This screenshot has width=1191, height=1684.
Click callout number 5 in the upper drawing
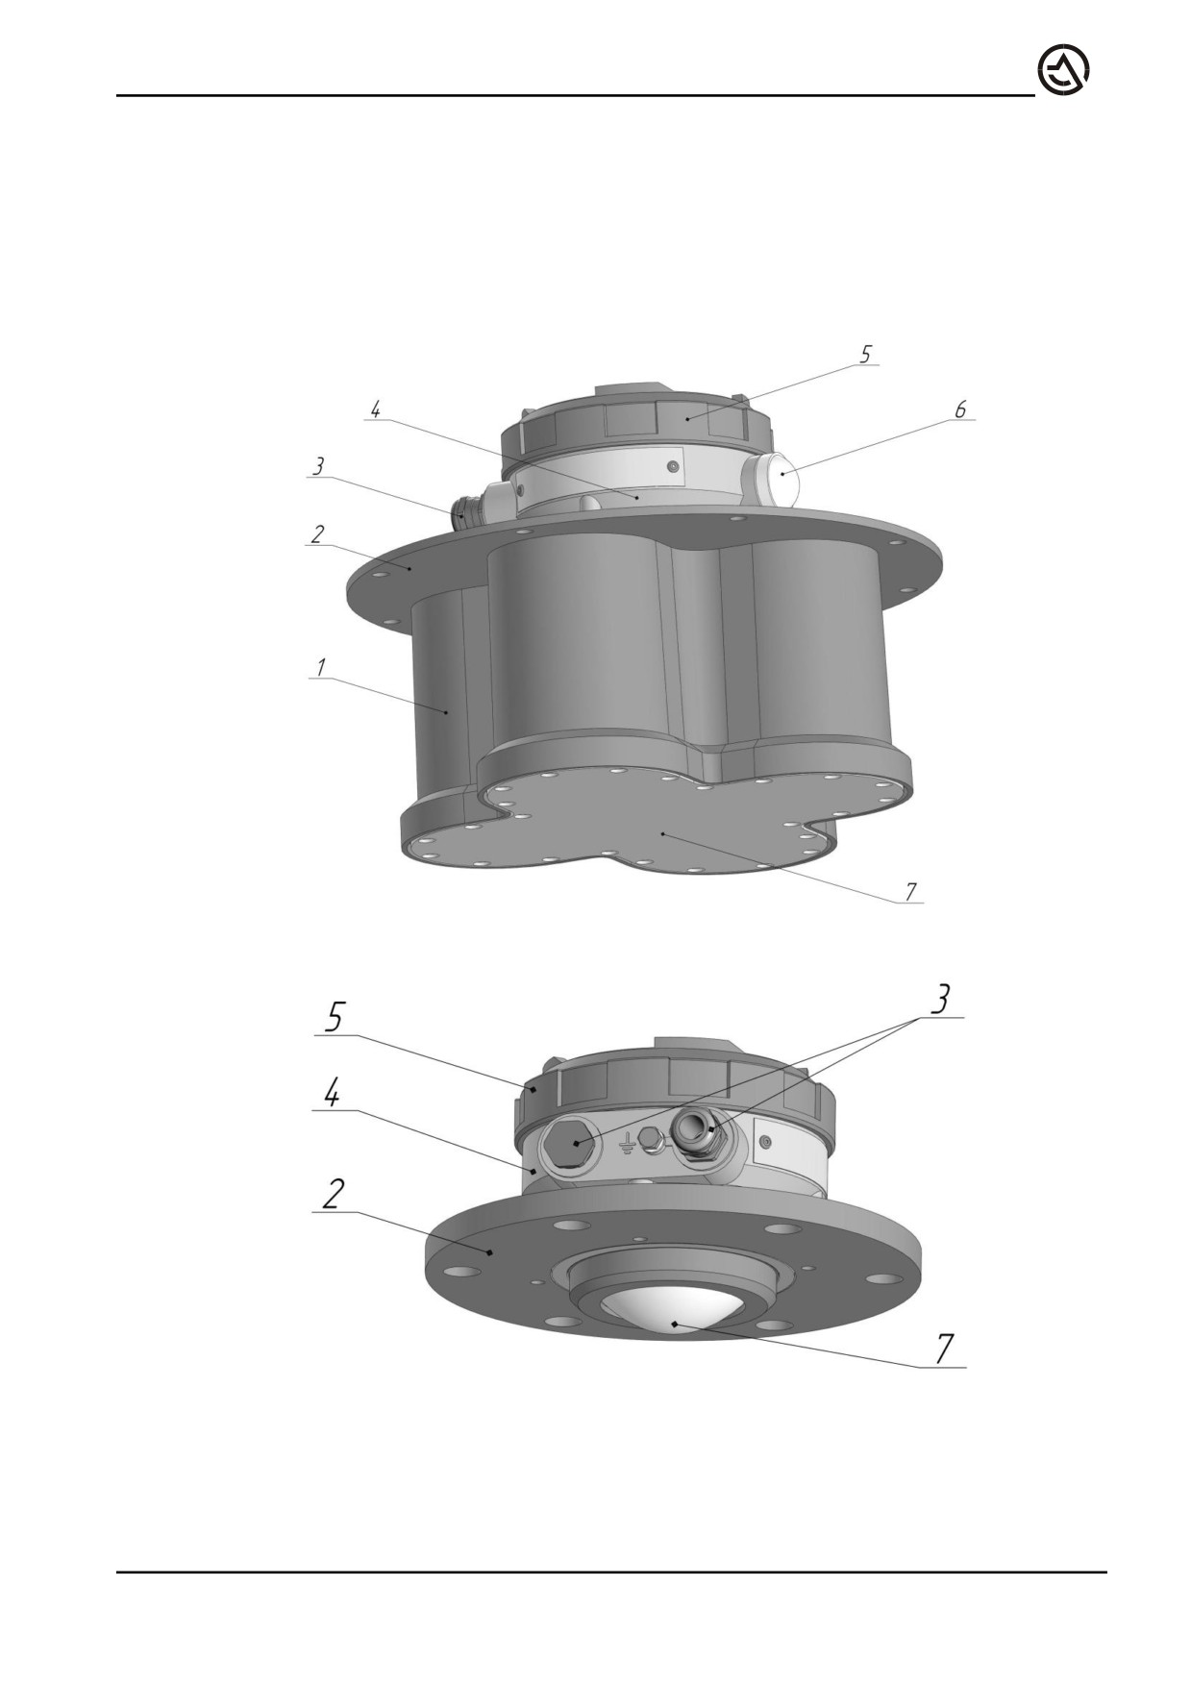pyautogui.click(x=865, y=354)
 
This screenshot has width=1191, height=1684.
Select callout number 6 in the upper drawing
pyautogui.click(x=960, y=409)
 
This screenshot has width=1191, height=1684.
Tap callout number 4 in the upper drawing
pyautogui.click(x=375, y=409)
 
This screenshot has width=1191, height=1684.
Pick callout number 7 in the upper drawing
pyautogui.click(x=909, y=892)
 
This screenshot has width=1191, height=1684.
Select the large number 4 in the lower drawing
pyautogui.click(x=331, y=1092)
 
